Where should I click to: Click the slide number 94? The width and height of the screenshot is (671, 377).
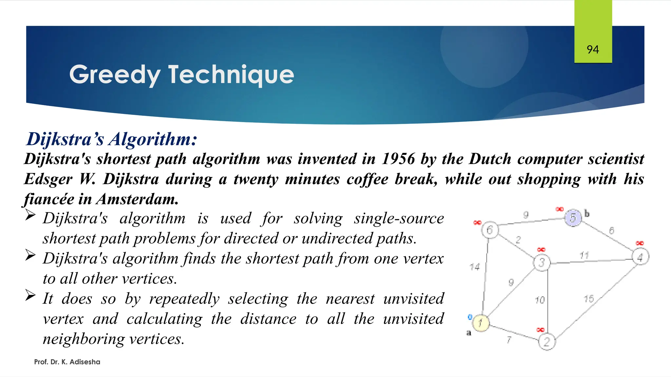pos(593,50)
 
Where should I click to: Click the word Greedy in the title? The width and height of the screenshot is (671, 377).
pos(115,75)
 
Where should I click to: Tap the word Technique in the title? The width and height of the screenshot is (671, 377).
pos(231,75)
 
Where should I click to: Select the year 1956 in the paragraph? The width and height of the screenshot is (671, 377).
pos(398,159)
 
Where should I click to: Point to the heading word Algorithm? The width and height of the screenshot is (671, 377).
pos(153,139)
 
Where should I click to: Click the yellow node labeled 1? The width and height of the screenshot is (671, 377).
pos(480,323)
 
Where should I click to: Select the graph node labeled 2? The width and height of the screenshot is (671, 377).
pos(547,342)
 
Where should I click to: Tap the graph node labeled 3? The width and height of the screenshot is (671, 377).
pos(542,262)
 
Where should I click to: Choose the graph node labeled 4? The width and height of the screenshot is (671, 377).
pos(640,257)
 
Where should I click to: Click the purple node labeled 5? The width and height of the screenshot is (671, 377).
pos(573,218)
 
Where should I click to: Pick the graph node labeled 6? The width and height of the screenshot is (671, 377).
pos(490,230)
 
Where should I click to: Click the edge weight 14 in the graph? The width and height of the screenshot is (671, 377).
pos(474,267)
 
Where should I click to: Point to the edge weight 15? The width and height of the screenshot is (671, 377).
pos(589,299)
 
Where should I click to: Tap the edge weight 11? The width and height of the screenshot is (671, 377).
pos(584,255)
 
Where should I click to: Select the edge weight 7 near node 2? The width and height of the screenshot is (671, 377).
pos(509,340)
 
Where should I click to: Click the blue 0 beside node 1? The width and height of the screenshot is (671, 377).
pos(470,317)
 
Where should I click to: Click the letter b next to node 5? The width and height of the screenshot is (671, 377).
pos(587,214)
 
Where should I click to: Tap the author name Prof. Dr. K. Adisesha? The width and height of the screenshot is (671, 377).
pos(67,362)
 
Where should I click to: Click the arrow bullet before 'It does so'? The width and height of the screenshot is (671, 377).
pos(30,296)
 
